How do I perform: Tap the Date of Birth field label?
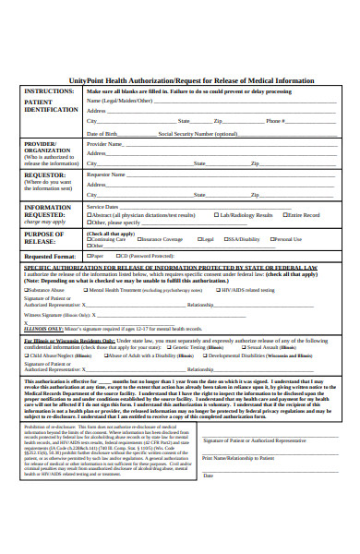[102, 133]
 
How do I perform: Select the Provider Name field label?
[104, 144]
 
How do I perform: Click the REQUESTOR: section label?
[45, 174]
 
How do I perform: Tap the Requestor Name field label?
[106, 174]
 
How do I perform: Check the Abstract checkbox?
[115, 214]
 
